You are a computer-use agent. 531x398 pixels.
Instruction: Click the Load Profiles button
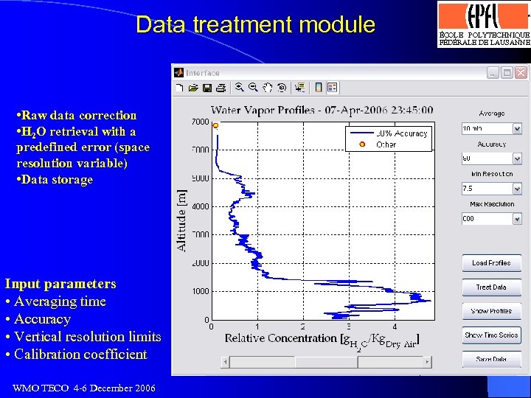[x=491, y=263]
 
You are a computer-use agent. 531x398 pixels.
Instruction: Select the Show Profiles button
[x=491, y=311]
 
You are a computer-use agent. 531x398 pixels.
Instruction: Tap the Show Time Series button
[x=491, y=335]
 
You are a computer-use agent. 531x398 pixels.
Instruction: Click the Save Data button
[x=491, y=360]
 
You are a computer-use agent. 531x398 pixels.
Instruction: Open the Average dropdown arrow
[x=516, y=128]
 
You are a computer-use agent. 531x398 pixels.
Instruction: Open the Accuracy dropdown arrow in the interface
[x=516, y=158]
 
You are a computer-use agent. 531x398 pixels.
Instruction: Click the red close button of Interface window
[x=521, y=72]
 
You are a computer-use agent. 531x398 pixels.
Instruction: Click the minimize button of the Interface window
[x=493, y=72]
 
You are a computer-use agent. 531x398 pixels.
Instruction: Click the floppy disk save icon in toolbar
[x=207, y=88]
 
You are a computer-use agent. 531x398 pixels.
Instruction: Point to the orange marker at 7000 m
[x=215, y=126]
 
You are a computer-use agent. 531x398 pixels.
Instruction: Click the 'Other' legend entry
[x=386, y=144]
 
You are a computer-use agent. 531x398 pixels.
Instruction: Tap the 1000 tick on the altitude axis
[x=201, y=291]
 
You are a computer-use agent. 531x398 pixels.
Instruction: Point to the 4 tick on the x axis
[x=395, y=326]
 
